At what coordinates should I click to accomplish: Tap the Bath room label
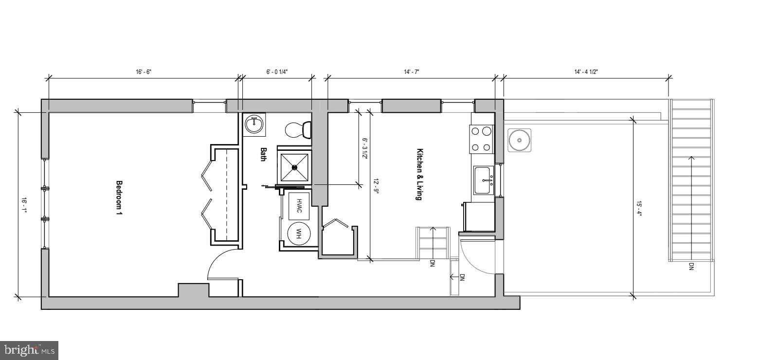[x=263, y=154]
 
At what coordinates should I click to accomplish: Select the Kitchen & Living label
[x=419, y=174]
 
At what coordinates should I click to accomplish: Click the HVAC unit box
[x=299, y=204]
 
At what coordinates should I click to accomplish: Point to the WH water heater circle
[x=299, y=234]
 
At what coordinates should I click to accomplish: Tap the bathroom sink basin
[x=254, y=125]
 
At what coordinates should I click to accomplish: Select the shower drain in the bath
[x=294, y=167]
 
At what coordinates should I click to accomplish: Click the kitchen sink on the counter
[x=484, y=180]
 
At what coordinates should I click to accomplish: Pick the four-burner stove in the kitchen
[x=481, y=139]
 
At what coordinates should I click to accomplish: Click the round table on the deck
[x=519, y=141]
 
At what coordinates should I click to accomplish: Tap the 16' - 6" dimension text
[x=144, y=72]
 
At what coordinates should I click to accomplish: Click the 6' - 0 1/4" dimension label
[x=277, y=72]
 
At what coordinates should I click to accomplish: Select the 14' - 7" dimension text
[x=411, y=72]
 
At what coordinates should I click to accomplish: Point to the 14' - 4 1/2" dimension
[x=586, y=72]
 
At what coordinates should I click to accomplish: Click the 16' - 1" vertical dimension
[x=23, y=204]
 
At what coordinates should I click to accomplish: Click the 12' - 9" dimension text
[x=376, y=185]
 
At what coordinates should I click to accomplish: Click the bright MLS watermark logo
[x=29, y=350]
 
